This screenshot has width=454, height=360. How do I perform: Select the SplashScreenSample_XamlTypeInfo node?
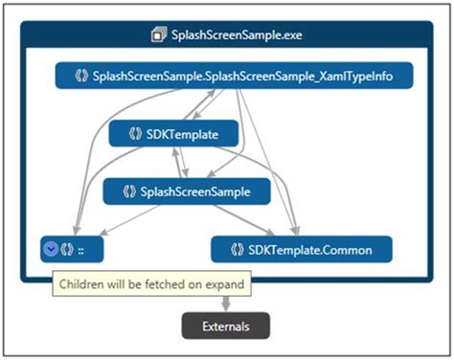(x=234, y=76)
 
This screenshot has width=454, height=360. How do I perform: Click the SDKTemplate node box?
(x=173, y=134)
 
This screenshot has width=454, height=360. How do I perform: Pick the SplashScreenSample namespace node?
(x=187, y=191)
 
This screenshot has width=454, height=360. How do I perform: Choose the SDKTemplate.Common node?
(x=302, y=250)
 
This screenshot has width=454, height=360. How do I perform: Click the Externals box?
(x=226, y=326)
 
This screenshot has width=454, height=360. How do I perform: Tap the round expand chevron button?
(x=51, y=250)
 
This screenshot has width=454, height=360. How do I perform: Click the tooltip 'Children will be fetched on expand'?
(x=152, y=284)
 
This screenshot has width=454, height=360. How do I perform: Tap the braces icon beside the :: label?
(x=68, y=250)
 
